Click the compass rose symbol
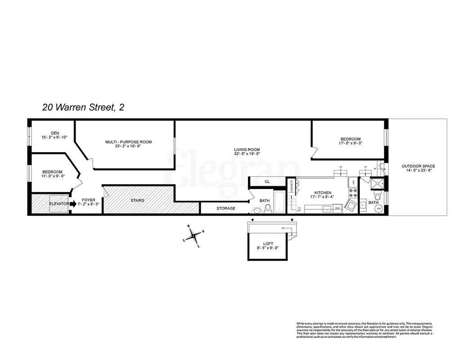(193, 236)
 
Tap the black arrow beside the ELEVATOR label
(73, 204)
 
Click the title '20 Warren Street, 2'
(83, 108)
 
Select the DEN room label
(55, 133)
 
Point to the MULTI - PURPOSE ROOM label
(129, 142)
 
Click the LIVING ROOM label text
(246, 150)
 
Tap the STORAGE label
(226, 208)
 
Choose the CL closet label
(267, 182)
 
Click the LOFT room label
(269, 244)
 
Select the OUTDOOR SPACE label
(418, 166)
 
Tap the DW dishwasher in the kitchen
(337, 208)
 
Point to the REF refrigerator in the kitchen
(354, 182)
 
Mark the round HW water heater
(379, 209)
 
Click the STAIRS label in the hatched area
(137, 200)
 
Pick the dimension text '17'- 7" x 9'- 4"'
(321, 197)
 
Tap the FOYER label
(88, 200)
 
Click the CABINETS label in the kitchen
(292, 187)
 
